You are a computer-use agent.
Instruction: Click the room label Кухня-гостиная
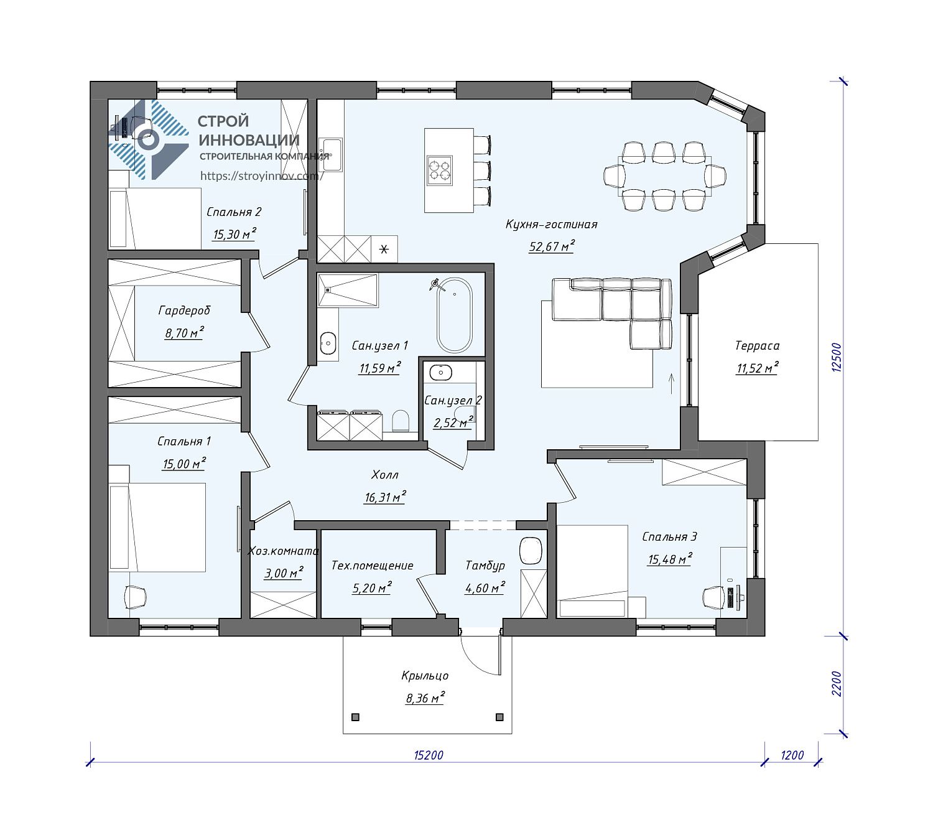551,224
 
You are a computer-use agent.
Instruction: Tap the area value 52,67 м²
552,246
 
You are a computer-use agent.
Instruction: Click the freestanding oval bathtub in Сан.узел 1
455,315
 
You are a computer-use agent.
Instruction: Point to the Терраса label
757,346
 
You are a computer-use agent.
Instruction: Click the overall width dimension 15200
429,768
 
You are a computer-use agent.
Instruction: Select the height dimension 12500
837,357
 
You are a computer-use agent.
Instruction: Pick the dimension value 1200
792,768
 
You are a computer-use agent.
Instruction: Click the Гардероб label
185,310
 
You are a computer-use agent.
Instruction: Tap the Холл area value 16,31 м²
385,497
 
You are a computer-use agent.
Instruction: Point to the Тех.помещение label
372,566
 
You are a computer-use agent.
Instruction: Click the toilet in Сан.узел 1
400,420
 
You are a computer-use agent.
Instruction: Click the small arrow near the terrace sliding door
671,383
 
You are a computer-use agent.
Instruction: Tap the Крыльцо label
425,676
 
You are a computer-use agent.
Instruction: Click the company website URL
261,176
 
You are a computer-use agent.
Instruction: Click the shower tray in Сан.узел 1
348,290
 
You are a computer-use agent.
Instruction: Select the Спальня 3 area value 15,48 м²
670,559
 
